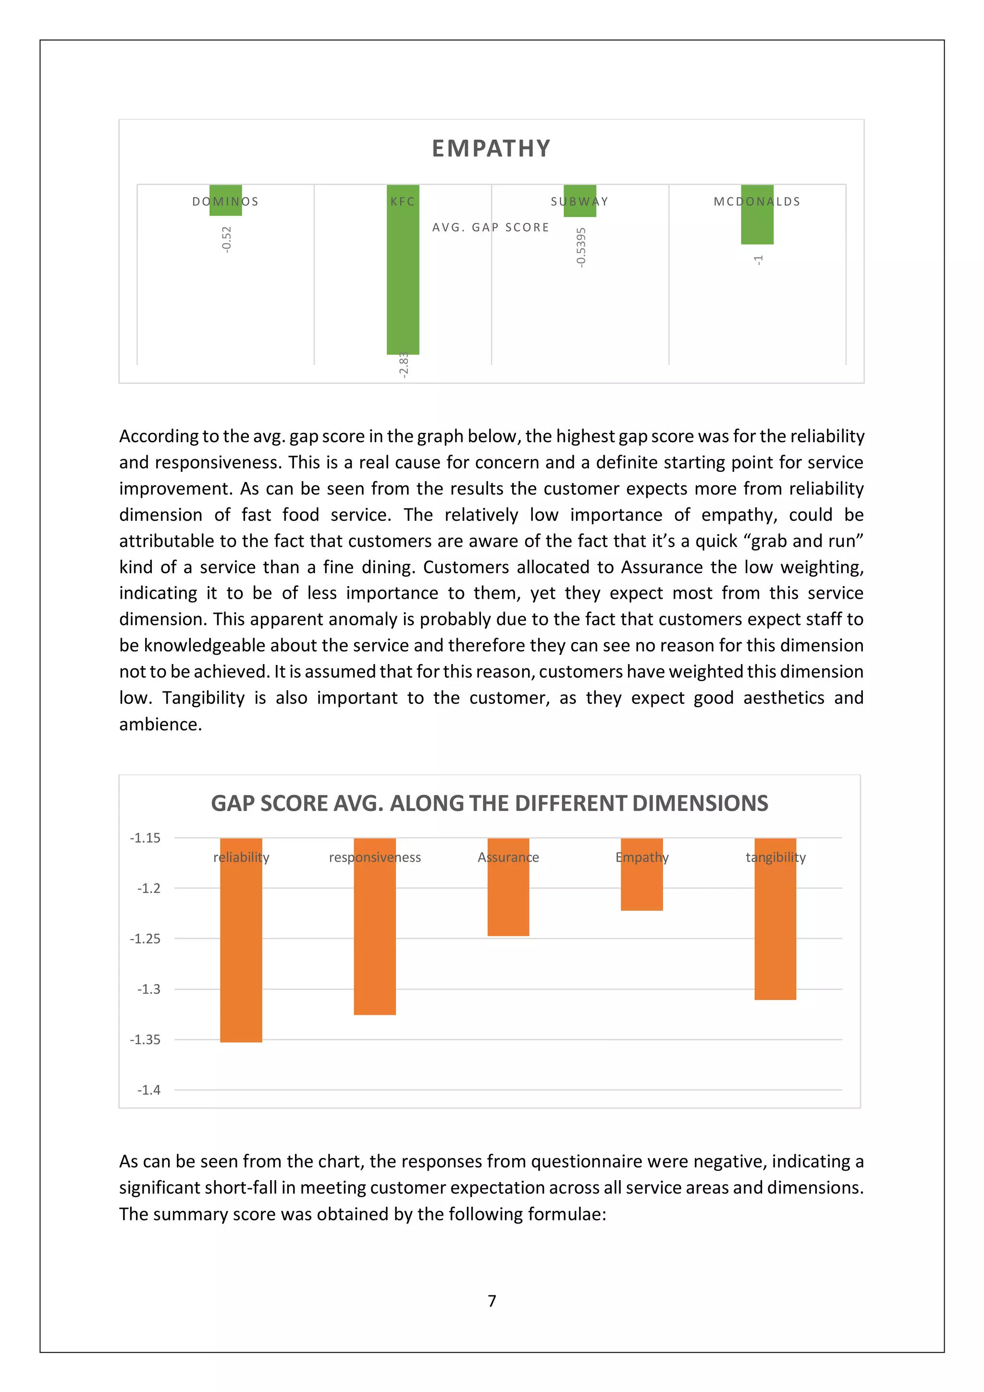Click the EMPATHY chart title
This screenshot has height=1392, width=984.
[x=491, y=148]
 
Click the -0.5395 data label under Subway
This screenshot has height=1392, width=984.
[x=581, y=247]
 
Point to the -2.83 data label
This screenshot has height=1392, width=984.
[x=404, y=366]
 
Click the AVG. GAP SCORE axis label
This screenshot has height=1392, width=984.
[x=491, y=227]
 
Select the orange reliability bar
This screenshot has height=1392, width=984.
[x=241, y=952]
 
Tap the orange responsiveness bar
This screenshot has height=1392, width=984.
[x=375, y=940]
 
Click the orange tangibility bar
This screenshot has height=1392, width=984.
[x=775, y=934]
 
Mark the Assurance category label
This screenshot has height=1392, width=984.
[x=508, y=857]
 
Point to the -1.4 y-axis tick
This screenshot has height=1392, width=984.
[x=148, y=1090]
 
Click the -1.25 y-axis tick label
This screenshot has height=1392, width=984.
[x=145, y=938]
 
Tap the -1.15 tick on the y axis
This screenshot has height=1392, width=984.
[x=145, y=838]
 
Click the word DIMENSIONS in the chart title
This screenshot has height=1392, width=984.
[x=700, y=803]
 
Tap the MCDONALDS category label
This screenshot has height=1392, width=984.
[x=757, y=201]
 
